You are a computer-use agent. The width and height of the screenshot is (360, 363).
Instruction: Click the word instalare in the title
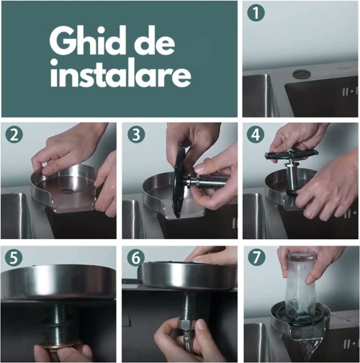[x=121, y=74]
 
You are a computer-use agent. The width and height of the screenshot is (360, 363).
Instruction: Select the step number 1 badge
[x=256, y=13]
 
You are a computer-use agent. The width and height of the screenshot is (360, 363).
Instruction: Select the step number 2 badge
[x=14, y=135]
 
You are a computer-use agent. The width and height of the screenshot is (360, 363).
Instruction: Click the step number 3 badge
[x=136, y=135]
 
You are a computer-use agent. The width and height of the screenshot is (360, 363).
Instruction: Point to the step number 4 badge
[x=256, y=135]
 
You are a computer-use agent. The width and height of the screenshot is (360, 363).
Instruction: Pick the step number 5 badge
[x=14, y=257]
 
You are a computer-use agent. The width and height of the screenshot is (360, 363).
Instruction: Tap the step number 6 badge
[x=135, y=258]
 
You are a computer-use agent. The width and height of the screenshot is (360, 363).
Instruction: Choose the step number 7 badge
[x=256, y=257]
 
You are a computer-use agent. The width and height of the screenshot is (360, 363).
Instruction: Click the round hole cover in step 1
[x=299, y=74]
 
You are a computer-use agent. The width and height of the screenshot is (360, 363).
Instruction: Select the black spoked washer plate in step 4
[x=292, y=155]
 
